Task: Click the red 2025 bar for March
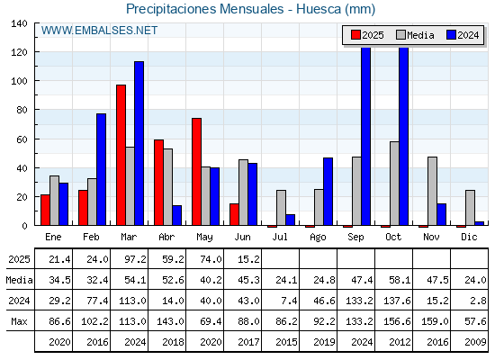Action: click(121, 155)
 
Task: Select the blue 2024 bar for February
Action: click(101, 169)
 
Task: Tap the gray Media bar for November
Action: click(432, 191)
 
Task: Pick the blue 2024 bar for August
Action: click(328, 192)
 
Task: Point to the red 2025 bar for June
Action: click(234, 214)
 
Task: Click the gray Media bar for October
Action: click(394, 184)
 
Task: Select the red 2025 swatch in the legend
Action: click(355, 35)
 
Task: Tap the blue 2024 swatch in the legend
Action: click(451, 35)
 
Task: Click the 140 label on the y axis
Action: click(19, 23)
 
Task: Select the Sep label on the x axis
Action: click(355, 238)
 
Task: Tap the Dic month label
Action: click(469, 238)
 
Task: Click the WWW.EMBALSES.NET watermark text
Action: click(99, 31)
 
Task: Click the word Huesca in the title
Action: click(319, 9)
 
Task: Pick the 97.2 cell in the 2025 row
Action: click(135, 259)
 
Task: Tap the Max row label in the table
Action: click(19, 321)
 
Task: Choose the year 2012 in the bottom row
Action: click(400, 342)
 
